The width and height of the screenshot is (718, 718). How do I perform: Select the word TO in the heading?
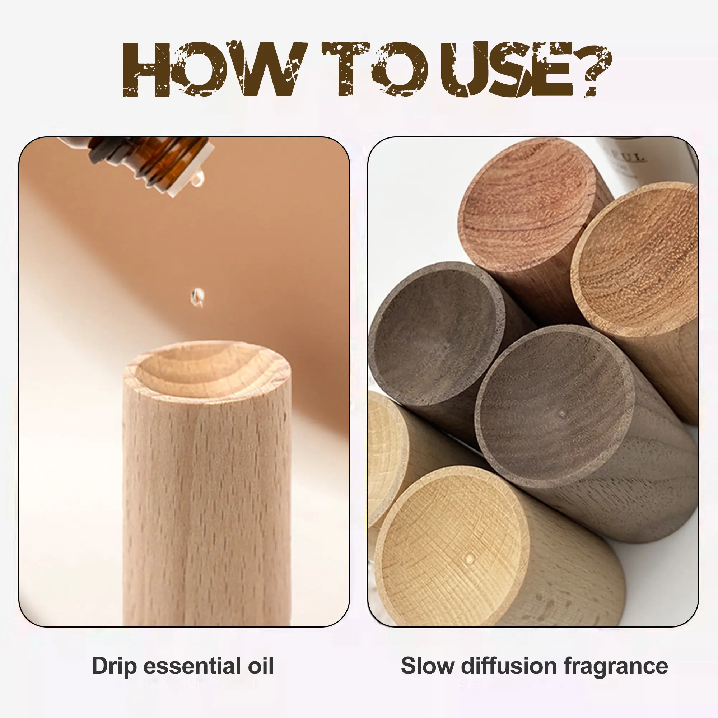click(x=376, y=69)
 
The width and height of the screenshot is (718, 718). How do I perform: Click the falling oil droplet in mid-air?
click(x=197, y=297)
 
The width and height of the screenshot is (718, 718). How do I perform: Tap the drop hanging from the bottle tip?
click(x=198, y=179)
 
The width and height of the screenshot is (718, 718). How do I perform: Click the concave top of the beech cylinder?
click(x=207, y=372)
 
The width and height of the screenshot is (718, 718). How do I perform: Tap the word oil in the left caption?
click(x=261, y=666)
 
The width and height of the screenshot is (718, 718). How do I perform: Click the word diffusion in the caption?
click(x=509, y=666)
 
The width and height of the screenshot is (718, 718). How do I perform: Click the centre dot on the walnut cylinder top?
click(x=562, y=413)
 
